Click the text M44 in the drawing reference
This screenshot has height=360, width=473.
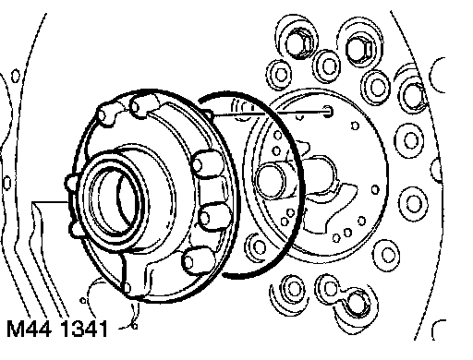pyautogui.click(x=29, y=329)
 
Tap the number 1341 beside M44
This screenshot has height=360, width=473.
pyautogui.click(x=84, y=329)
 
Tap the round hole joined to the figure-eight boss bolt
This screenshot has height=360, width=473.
pyautogui.click(x=330, y=288)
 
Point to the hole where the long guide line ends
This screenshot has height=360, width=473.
pyautogui.click(x=328, y=111)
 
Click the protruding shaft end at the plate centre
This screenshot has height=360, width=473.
pyautogui.click(x=271, y=182)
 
